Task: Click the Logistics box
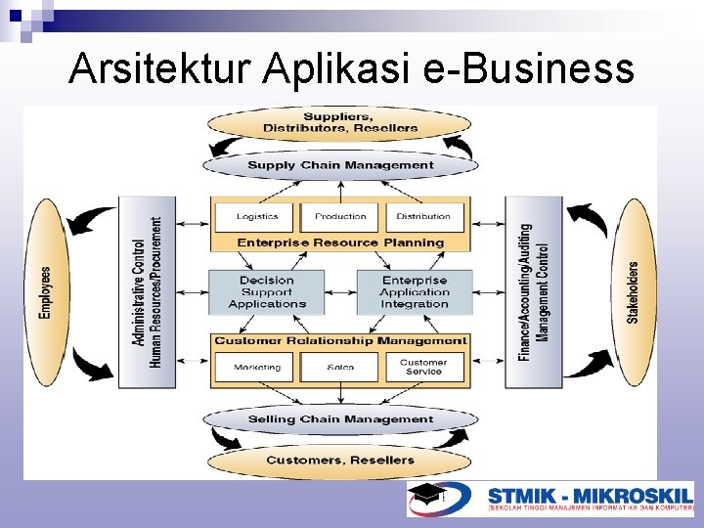[x=257, y=216]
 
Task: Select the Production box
[x=340, y=216]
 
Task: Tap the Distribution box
[x=423, y=216]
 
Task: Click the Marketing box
[x=257, y=368]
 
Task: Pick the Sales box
[x=340, y=368]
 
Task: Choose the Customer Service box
[x=423, y=368]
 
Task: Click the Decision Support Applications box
[x=266, y=292]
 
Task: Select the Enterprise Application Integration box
[x=415, y=292]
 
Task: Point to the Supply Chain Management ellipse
[x=340, y=165]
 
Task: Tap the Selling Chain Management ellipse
[x=340, y=419]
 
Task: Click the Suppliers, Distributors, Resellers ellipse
[x=340, y=123]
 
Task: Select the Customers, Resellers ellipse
[x=340, y=460]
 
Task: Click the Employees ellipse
[x=45, y=291]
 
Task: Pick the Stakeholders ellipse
[x=633, y=291]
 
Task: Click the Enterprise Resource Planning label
[x=340, y=242]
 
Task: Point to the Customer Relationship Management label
[x=340, y=341]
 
